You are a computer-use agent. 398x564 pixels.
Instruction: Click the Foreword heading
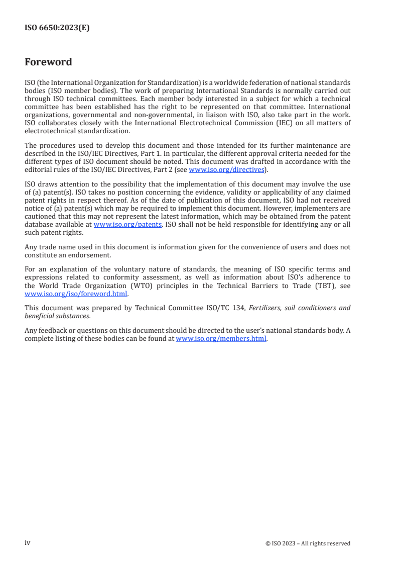tap(48, 62)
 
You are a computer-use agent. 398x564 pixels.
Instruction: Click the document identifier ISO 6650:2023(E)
tap(57, 28)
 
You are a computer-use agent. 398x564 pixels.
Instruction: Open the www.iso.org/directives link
tap(226, 169)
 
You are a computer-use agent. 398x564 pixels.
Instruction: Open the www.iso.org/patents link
tap(127, 225)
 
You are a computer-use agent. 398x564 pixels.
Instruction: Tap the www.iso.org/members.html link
tap(221, 338)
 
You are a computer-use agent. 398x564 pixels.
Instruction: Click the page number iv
tap(28, 543)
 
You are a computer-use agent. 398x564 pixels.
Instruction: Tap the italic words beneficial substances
tap(58, 316)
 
